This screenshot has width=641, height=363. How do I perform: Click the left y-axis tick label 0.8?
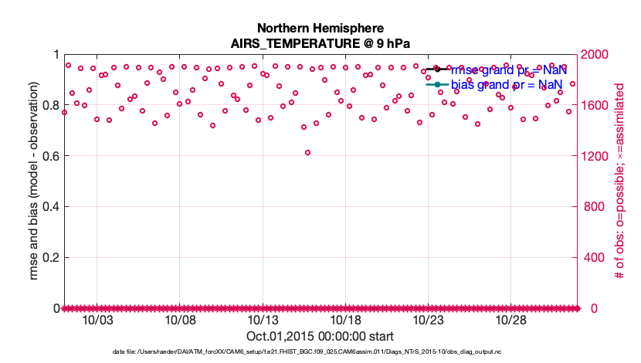click(50, 105)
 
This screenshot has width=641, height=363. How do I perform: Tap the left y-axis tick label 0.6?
click(50, 156)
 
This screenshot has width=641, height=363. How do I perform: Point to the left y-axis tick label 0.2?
click(50, 257)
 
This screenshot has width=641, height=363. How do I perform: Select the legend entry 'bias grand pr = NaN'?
click(507, 83)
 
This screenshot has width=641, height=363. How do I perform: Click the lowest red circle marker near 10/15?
click(307, 153)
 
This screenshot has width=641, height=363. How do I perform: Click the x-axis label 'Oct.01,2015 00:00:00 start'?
click(320, 336)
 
